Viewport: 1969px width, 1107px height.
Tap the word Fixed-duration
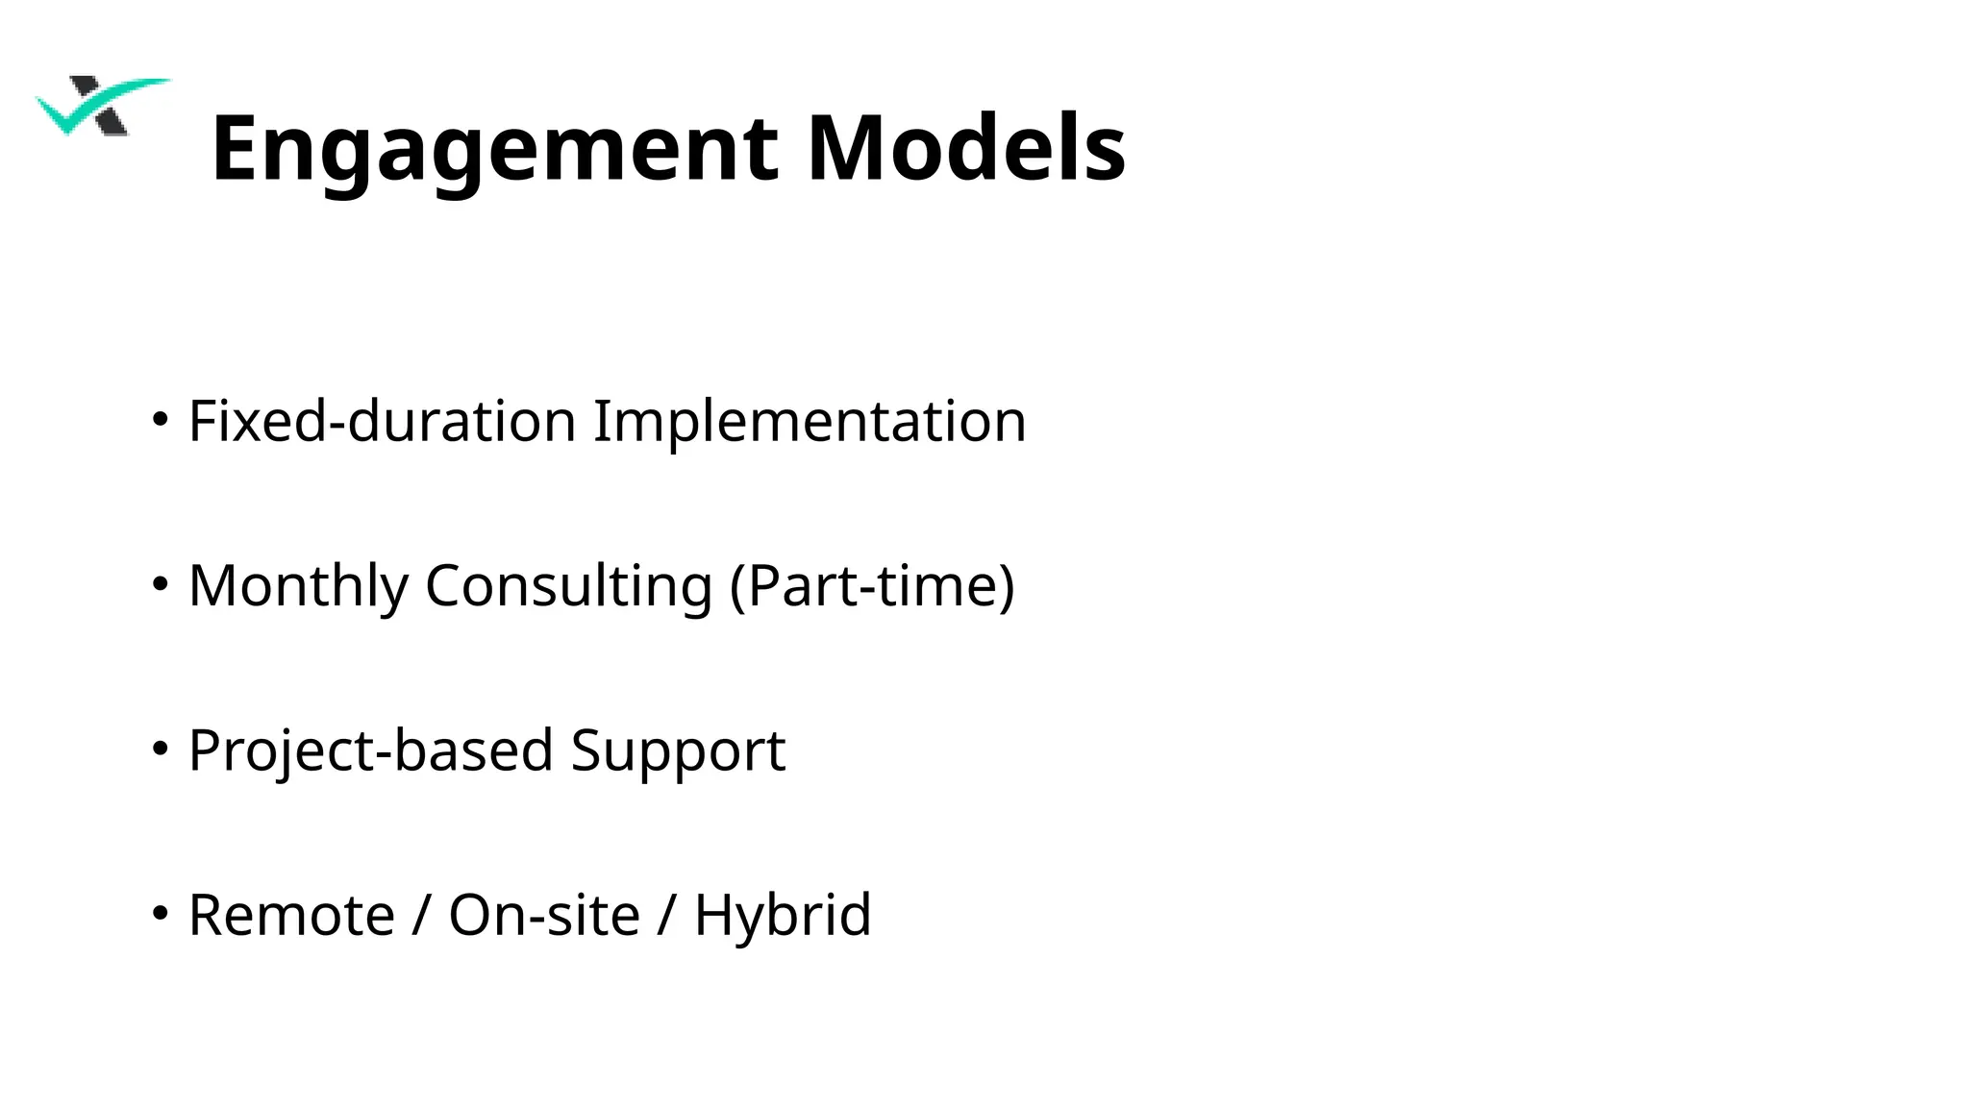382,421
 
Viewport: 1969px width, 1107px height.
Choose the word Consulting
568,586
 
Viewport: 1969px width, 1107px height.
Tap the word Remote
291,915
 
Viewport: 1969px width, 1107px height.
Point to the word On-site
544,915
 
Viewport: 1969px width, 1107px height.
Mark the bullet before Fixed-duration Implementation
161,419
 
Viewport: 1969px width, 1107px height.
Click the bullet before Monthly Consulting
161,583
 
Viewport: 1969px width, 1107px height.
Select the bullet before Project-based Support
161,748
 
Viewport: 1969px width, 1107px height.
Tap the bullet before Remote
161,913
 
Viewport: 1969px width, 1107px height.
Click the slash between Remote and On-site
421,915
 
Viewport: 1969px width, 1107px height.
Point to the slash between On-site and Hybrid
666,915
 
